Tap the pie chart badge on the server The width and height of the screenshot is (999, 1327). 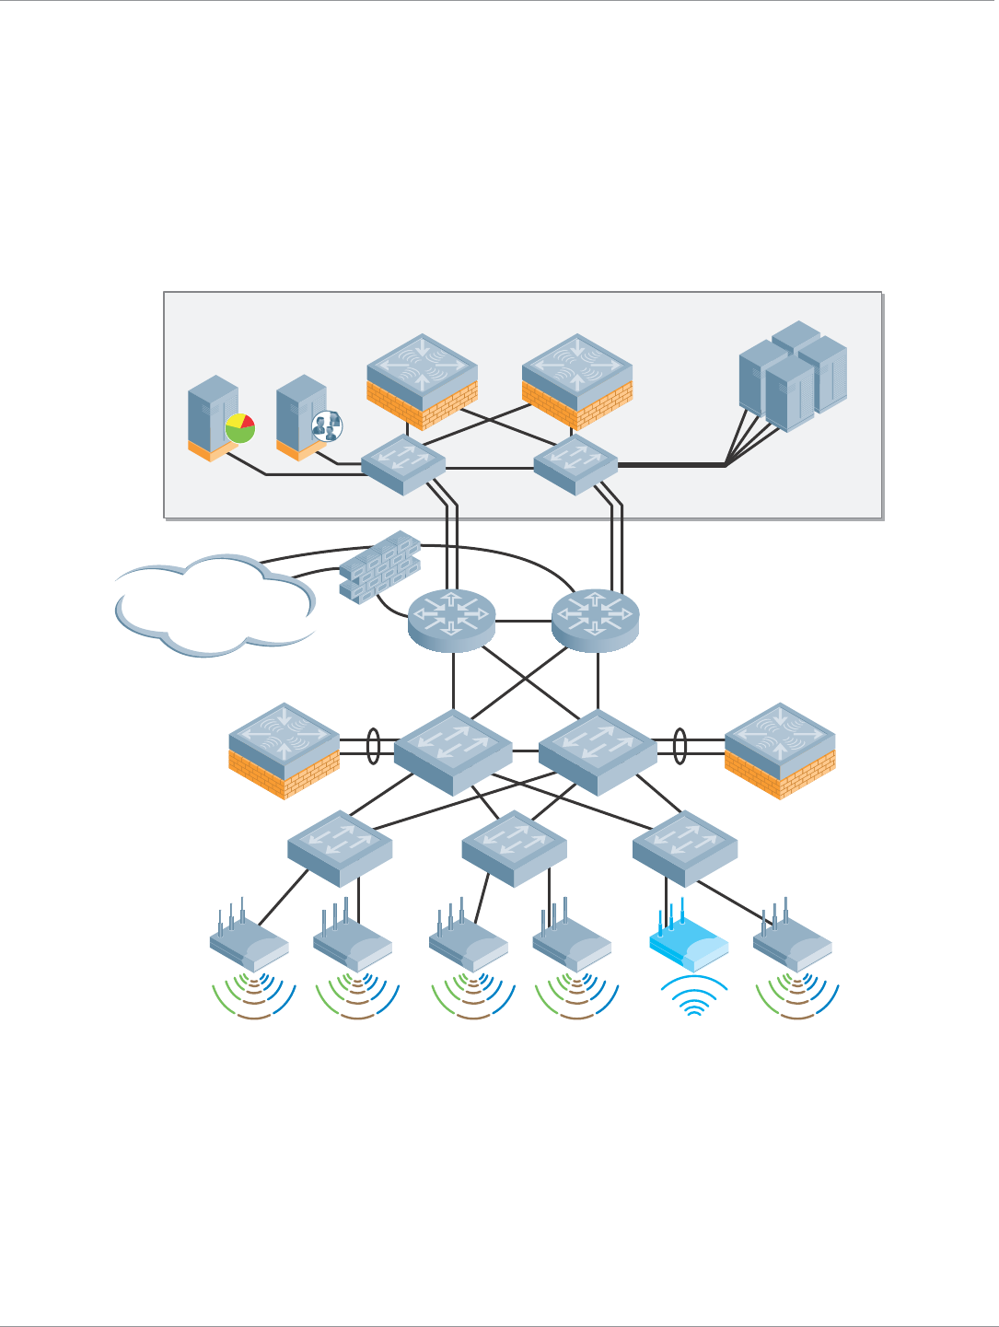pos(239,427)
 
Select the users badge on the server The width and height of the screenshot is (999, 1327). pos(326,425)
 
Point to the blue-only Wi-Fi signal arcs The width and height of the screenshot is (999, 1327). pos(694,997)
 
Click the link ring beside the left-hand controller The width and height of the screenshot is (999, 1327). pos(373,746)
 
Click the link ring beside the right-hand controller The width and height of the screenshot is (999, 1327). pos(680,746)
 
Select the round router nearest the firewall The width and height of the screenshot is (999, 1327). pos(452,620)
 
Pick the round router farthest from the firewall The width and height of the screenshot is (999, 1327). pos(595,620)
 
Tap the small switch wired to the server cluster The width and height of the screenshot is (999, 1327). pos(575,464)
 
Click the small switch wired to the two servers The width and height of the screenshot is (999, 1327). pos(402,464)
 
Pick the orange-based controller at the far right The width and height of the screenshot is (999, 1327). pos(780,751)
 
